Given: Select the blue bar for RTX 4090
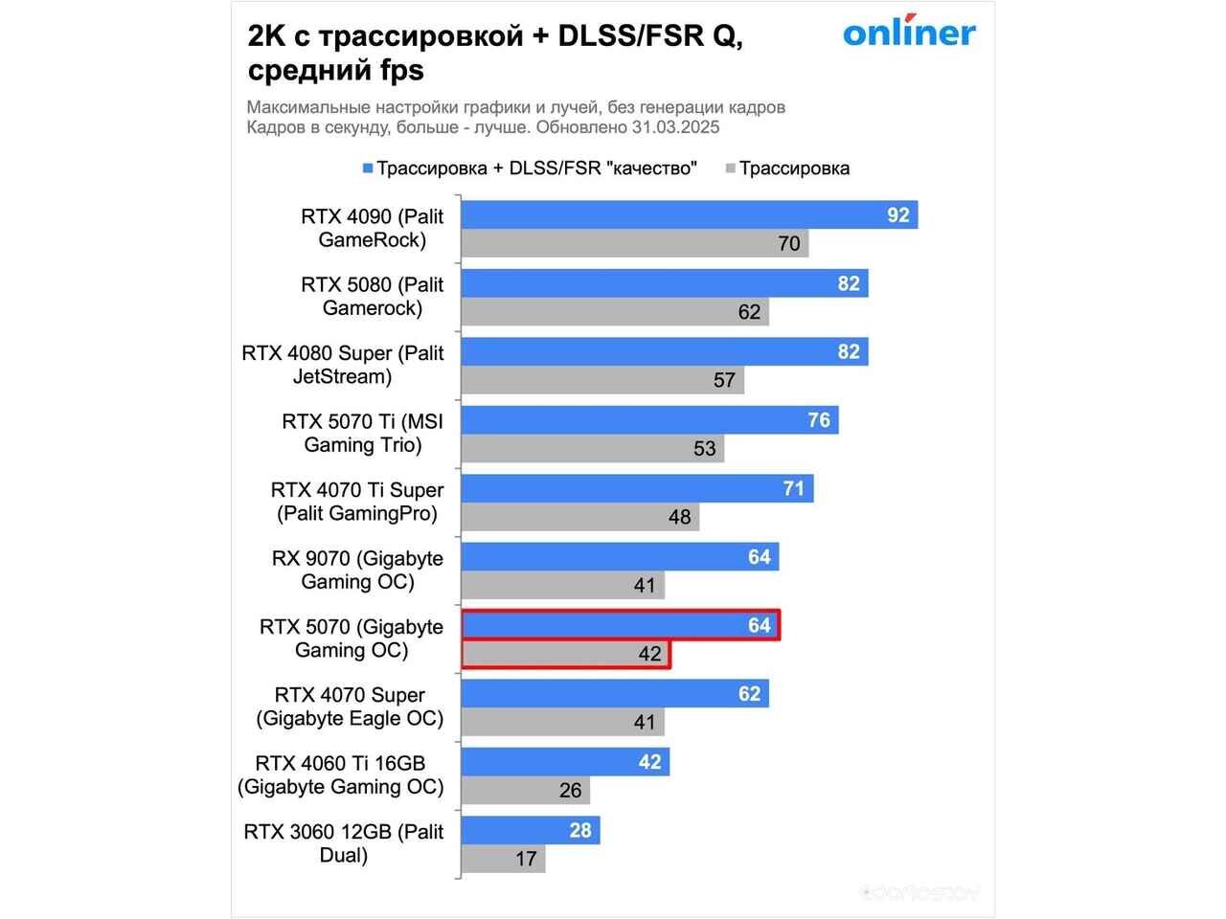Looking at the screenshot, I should [x=689, y=215].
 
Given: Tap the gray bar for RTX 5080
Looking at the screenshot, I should [x=614, y=312].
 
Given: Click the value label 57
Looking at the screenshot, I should [x=724, y=380].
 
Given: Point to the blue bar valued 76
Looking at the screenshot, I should [x=649, y=420].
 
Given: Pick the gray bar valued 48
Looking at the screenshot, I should [x=579, y=517].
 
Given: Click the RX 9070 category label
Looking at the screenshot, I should [x=357, y=570].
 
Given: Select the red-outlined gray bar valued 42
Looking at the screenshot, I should [x=565, y=654].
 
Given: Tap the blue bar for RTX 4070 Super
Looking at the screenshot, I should [x=614, y=694].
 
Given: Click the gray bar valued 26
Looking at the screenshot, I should [x=525, y=791].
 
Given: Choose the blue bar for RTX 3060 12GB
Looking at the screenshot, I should [x=530, y=830].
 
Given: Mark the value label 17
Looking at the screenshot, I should [x=526, y=859].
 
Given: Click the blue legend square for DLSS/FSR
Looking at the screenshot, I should [x=367, y=168].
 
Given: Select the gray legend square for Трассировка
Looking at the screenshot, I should [x=730, y=168].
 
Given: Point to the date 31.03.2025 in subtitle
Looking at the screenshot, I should [x=675, y=127].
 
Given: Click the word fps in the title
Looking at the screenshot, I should [x=399, y=70].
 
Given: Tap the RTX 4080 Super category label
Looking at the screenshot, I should [x=343, y=365].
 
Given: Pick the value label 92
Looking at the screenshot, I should [x=897, y=215].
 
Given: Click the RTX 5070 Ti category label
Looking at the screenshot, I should [x=363, y=433].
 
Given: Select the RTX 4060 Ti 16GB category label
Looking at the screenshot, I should [x=341, y=774].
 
